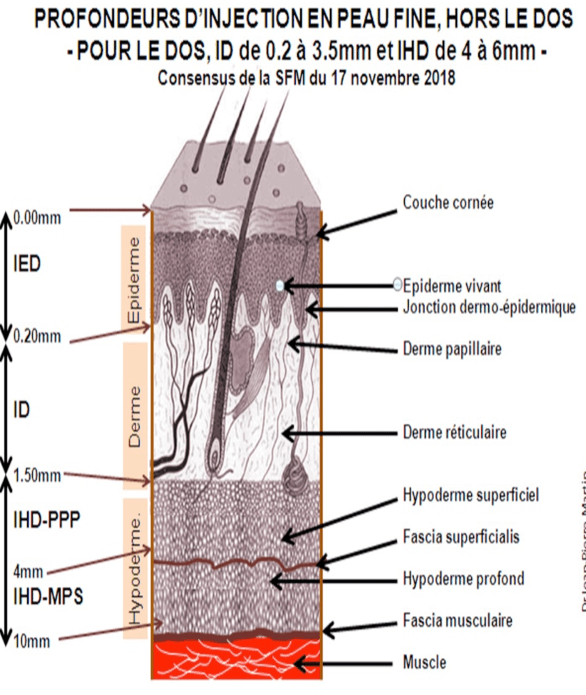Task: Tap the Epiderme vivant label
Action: click(x=452, y=285)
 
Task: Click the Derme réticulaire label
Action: click(x=455, y=432)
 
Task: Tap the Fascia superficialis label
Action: click(x=461, y=537)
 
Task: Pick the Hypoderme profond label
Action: click(x=463, y=578)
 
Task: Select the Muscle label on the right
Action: click(x=424, y=662)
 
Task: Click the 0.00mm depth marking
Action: click(x=37, y=218)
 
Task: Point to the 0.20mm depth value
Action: click(x=37, y=337)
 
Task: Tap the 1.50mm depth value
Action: click(x=37, y=476)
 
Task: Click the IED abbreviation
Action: click(x=28, y=265)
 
